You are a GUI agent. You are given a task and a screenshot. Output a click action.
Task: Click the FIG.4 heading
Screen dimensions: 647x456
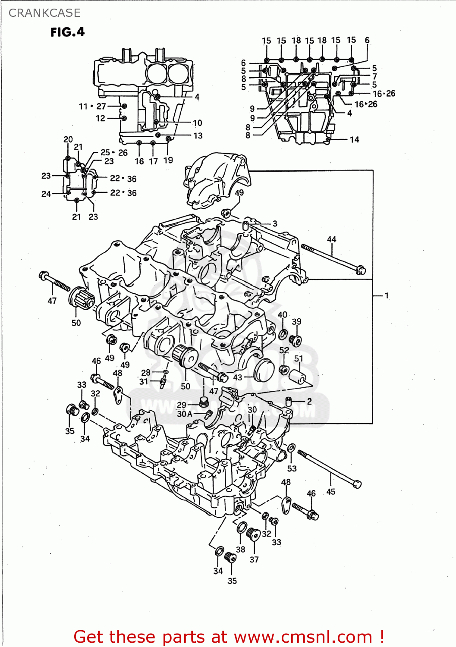click(67, 32)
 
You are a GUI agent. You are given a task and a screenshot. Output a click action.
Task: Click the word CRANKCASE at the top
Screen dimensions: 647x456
click(44, 13)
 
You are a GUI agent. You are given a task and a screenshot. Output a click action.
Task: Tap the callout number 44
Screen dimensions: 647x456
click(331, 239)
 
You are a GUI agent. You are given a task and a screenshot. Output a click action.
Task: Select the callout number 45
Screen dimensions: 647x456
click(330, 491)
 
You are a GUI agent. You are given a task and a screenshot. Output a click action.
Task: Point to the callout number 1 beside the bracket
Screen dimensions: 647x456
click(387, 295)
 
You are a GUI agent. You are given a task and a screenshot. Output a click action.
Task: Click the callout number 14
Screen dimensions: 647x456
click(354, 140)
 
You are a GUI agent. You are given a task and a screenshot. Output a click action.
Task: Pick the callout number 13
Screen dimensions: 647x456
click(198, 136)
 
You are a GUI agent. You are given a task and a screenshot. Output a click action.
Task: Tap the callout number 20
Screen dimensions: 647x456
click(68, 139)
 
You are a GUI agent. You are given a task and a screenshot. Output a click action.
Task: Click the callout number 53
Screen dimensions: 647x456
click(292, 468)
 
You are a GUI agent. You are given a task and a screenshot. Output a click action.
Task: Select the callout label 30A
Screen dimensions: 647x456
click(185, 414)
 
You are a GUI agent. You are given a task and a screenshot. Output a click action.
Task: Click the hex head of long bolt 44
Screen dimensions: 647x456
click(361, 270)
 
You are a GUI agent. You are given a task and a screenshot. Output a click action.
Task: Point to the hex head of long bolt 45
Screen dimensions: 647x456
click(357, 484)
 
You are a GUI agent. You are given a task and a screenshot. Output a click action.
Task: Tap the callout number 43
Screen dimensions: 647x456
click(238, 377)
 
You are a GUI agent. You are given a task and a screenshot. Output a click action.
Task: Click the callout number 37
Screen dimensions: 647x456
click(254, 559)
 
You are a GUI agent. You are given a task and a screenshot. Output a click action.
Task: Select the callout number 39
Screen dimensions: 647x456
click(296, 322)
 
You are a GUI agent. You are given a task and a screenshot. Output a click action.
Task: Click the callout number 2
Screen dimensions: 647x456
click(309, 401)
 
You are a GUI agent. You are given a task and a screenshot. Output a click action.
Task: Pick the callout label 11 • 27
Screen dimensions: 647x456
click(92, 106)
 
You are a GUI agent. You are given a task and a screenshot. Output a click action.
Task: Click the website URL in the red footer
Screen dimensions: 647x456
click(303, 637)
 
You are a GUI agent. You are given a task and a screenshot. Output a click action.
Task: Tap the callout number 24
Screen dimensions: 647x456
click(46, 194)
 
